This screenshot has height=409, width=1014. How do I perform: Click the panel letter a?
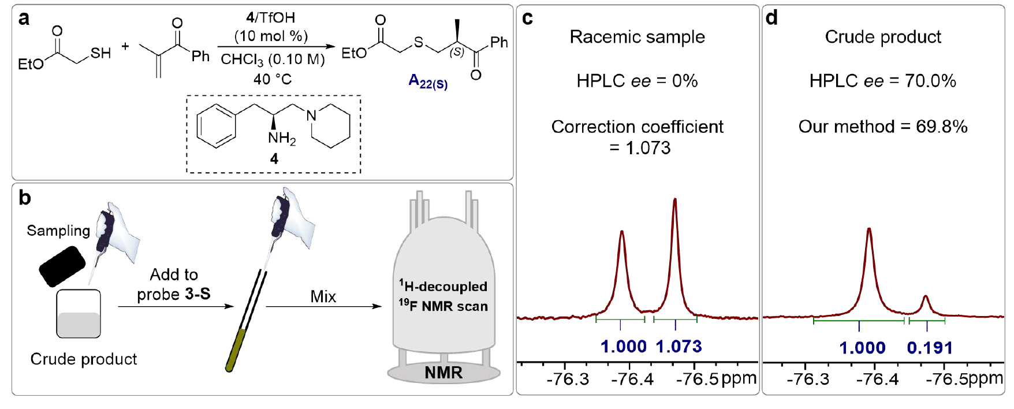(24, 18)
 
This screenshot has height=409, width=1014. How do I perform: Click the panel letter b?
(24, 198)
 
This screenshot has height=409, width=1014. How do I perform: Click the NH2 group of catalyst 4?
(281, 139)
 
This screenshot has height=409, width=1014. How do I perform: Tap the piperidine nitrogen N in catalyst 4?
(312, 116)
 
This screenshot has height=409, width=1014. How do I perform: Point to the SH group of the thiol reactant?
(100, 54)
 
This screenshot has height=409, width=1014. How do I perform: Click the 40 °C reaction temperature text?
(272, 79)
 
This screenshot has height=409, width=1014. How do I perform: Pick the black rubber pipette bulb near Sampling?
(62, 266)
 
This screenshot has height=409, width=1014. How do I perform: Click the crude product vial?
(79, 314)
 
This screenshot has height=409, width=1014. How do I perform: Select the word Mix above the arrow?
(323, 296)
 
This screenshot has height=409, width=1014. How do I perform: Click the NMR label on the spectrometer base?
(443, 373)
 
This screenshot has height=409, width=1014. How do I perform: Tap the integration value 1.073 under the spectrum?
(679, 347)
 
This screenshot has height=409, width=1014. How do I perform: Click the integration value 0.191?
(930, 348)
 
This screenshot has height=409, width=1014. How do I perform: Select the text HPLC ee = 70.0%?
(882, 81)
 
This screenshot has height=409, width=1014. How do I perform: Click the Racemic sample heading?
(637, 37)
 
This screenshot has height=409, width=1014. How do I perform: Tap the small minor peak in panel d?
(926, 302)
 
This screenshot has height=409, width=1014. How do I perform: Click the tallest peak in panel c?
(674, 202)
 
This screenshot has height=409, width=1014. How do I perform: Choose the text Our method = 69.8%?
(882, 127)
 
